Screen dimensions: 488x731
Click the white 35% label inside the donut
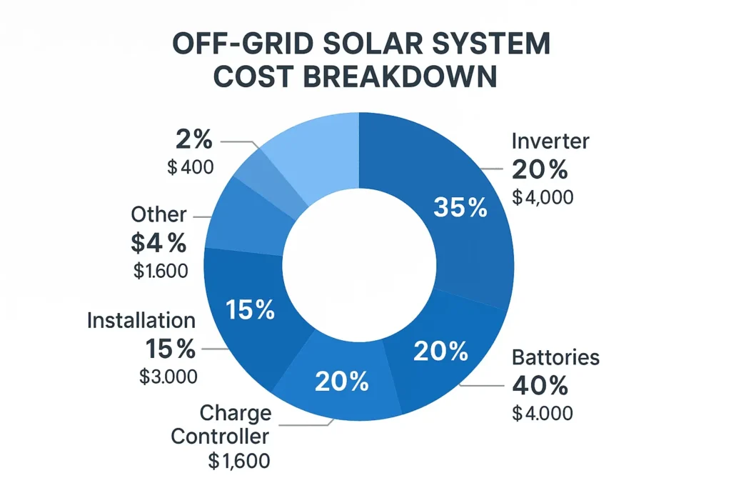pyautogui.click(x=460, y=208)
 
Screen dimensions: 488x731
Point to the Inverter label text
pyautogui.click(x=551, y=141)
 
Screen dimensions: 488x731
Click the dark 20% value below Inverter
pyautogui.click(x=540, y=169)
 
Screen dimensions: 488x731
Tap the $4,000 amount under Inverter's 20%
pyautogui.click(x=543, y=196)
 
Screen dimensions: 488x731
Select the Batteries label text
pyautogui.click(x=556, y=357)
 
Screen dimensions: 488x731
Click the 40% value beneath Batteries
pyautogui.click(x=540, y=386)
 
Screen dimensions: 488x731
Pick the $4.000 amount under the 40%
pyautogui.click(x=543, y=413)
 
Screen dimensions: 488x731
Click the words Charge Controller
pyautogui.click(x=221, y=424)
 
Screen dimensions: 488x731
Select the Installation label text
pyautogui.click(x=141, y=321)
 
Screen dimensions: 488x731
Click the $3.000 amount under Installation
pyautogui.click(x=168, y=377)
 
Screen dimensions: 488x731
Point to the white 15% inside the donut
pyautogui.click(x=250, y=309)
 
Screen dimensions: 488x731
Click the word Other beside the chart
pyautogui.click(x=158, y=214)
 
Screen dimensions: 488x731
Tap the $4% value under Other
pyautogui.click(x=158, y=243)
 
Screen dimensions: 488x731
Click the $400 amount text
pyautogui.click(x=190, y=168)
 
